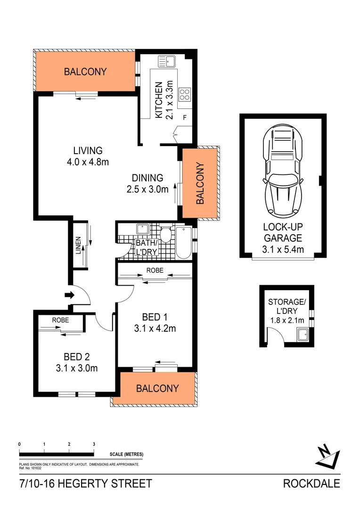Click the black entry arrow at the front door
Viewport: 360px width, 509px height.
(69, 296)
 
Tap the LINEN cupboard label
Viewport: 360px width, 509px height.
(79, 246)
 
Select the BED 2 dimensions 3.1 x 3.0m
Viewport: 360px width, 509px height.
(76, 368)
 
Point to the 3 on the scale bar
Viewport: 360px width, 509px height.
(94, 444)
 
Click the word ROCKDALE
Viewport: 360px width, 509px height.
(311, 484)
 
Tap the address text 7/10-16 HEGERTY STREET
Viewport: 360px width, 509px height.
(86, 484)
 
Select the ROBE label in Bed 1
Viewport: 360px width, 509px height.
(155, 271)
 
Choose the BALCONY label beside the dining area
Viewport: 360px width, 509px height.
(200, 183)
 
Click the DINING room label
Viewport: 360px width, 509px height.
(147, 178)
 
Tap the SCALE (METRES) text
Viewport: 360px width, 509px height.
(126, 454)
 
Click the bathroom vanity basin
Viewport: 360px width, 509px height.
(142, 230)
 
